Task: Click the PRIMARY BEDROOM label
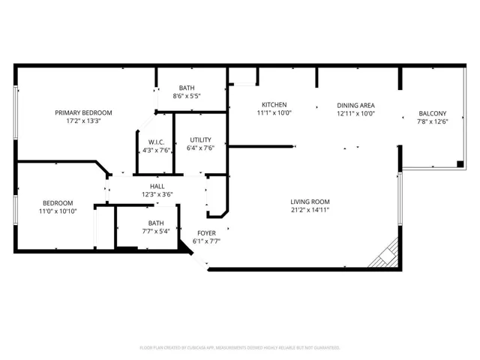tap(83, 112)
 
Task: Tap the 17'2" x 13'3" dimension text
tap(83, 121)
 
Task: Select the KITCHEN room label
tap(274, 105)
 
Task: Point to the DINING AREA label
tap(355, 106)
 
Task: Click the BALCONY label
tap(432, 113)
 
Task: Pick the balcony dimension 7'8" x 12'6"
tap(432, 121)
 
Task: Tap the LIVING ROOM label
tap(310, 202)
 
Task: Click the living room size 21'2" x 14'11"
tap(310, 210)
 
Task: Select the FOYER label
tap(206, 233)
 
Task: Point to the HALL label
tap(157, 187)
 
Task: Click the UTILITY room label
tap(200, 140)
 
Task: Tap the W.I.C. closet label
tap(156, 142)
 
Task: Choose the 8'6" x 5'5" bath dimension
tap(187, 96)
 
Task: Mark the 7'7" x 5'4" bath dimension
tap(156, 231)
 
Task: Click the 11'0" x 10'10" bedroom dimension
tap(58, 211)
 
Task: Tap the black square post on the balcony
tap(460, 164)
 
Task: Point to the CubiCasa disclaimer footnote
tap(240, 348)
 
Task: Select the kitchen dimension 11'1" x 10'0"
tap(274, 113)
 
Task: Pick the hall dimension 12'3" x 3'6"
tap(157, 195)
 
